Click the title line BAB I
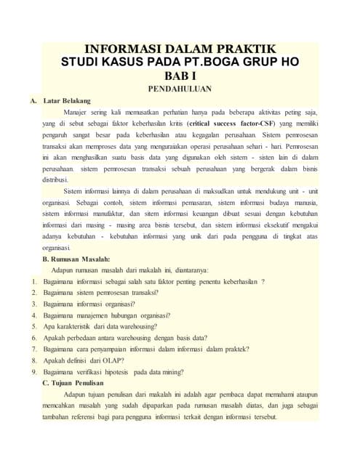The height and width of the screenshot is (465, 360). point(180,74)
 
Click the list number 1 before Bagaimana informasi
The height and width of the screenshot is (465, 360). point(34,281)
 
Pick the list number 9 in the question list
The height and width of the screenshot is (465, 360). point(34,371)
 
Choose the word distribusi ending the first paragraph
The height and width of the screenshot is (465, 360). point(55,179)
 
